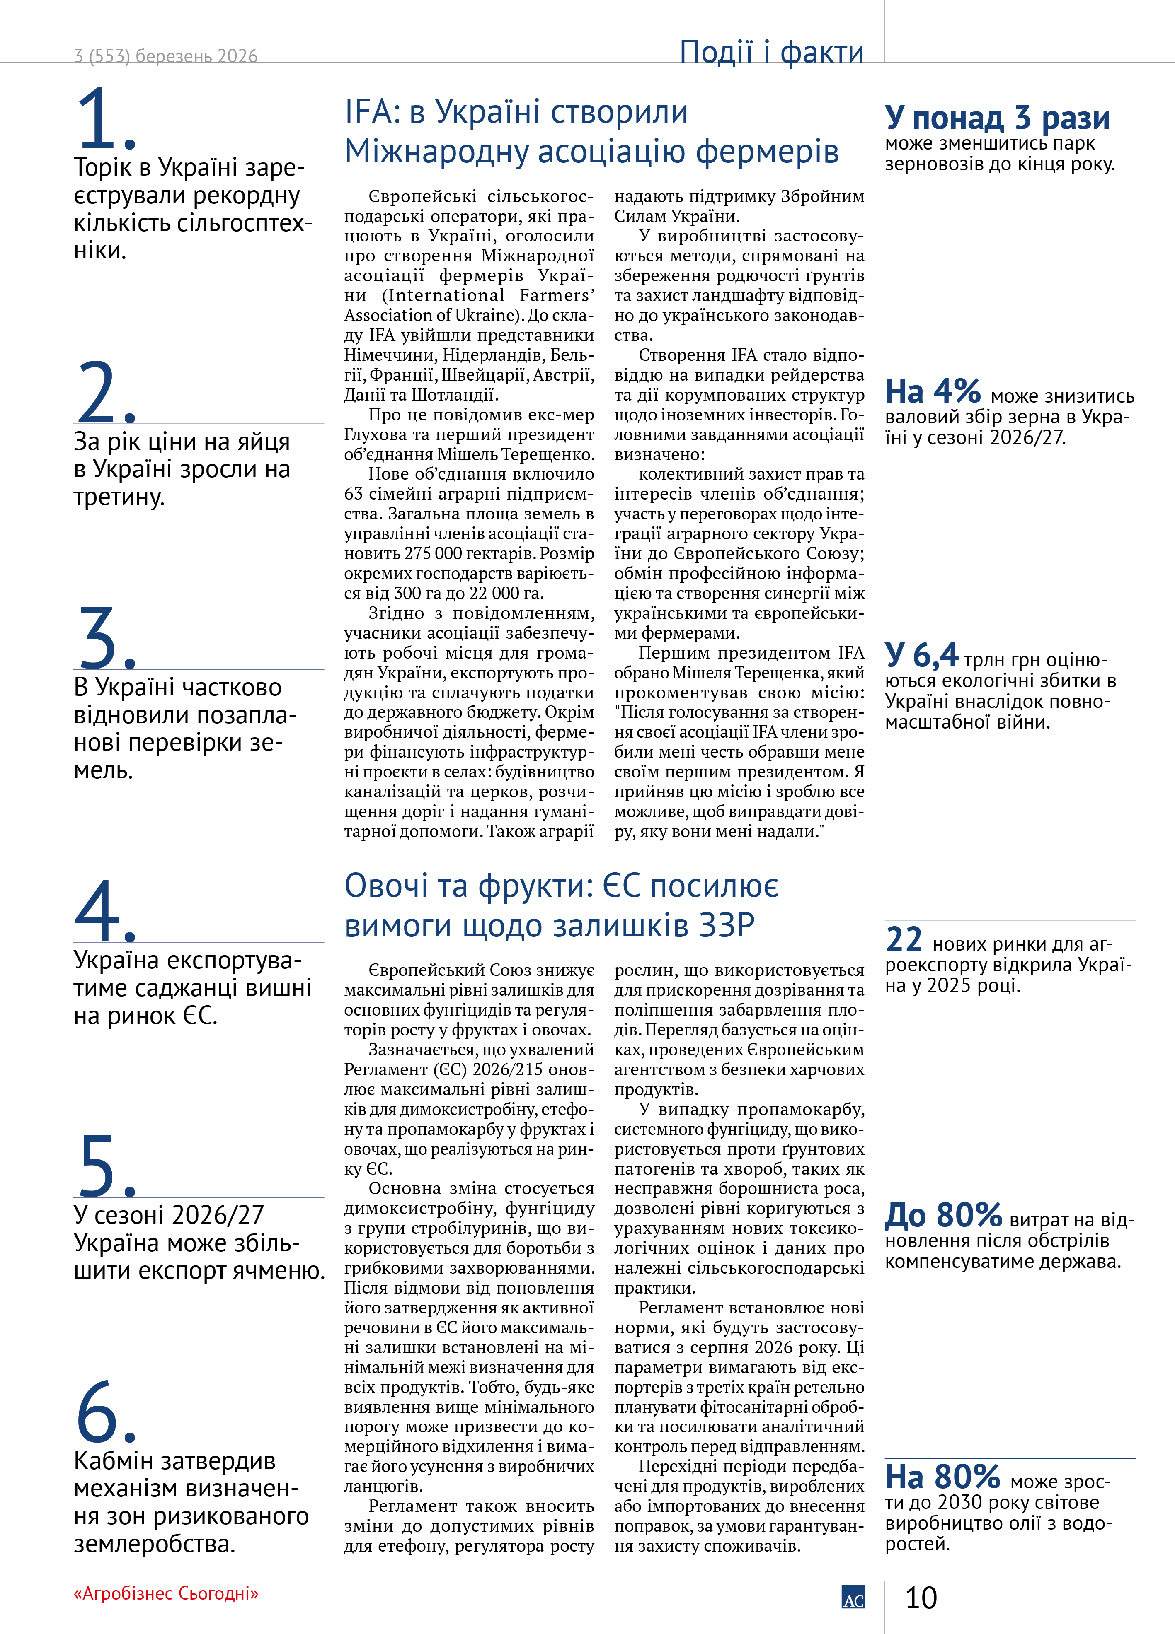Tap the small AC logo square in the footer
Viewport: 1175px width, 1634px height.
tap(853, 1597)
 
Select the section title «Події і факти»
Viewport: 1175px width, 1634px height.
tap(771, 52)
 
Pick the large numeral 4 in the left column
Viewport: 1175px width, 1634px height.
tap(99, 909)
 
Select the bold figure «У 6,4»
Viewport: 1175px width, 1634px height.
tap(921, 655)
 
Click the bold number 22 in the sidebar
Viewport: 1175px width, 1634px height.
tap(904, 939)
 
